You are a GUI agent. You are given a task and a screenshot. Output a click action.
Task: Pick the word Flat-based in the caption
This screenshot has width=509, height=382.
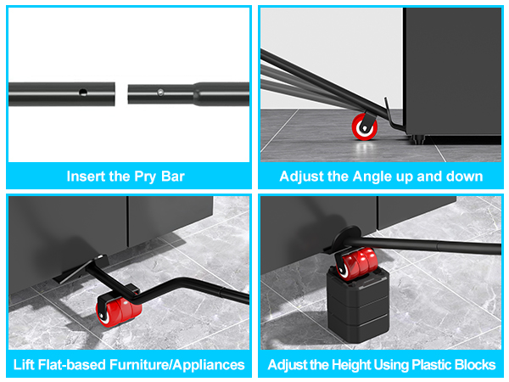[77, 365]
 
